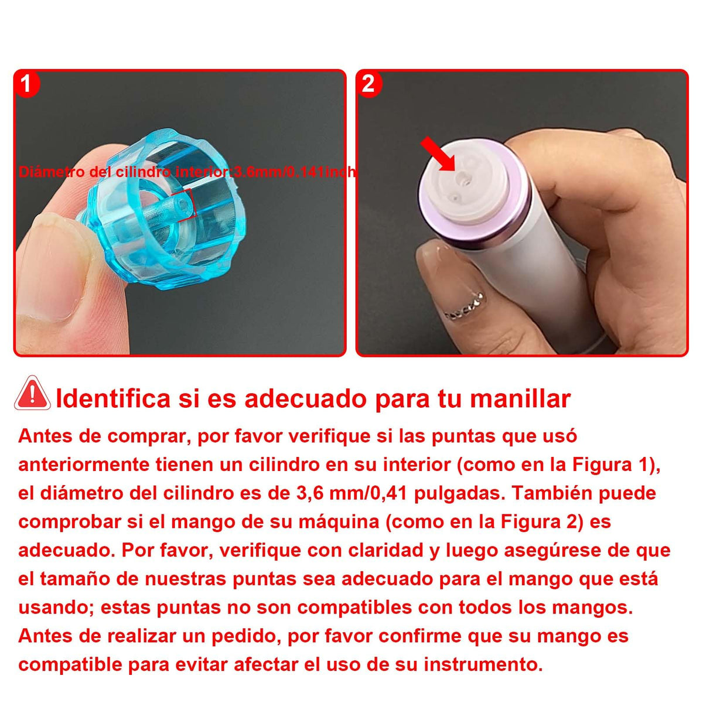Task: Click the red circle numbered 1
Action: pos(26,84)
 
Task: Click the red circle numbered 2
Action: pos(368,84)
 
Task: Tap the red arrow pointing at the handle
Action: pos(438,154)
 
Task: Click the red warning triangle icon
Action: pos(32,393)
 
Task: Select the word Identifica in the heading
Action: pos(113,398)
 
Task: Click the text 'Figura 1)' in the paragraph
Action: pos(616,465)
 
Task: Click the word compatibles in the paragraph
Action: pos(355,608)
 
